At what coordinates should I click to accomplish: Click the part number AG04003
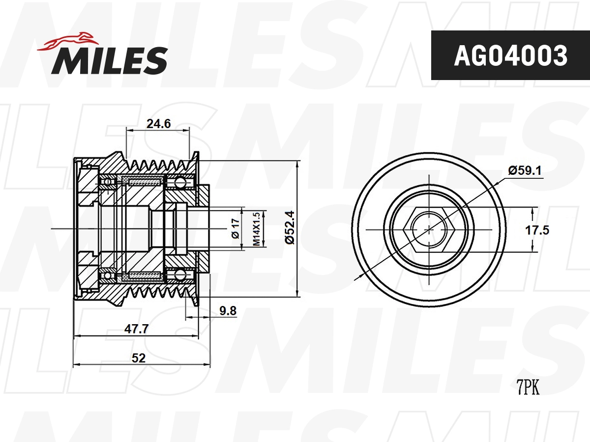[x=510, y=55]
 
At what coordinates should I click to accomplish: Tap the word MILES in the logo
[x=110, y=60]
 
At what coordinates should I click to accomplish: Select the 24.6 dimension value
[x=158, y=124]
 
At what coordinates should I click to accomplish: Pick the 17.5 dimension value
[x=551, y=229]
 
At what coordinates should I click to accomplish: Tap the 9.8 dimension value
[x=228, y=310]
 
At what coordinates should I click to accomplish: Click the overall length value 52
[x=139, y=358]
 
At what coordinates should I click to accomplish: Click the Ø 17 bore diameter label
[x=235, y=229]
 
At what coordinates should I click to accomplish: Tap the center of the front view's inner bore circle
[x=429, y=228]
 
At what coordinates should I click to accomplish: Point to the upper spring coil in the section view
[x=144, y=182]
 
